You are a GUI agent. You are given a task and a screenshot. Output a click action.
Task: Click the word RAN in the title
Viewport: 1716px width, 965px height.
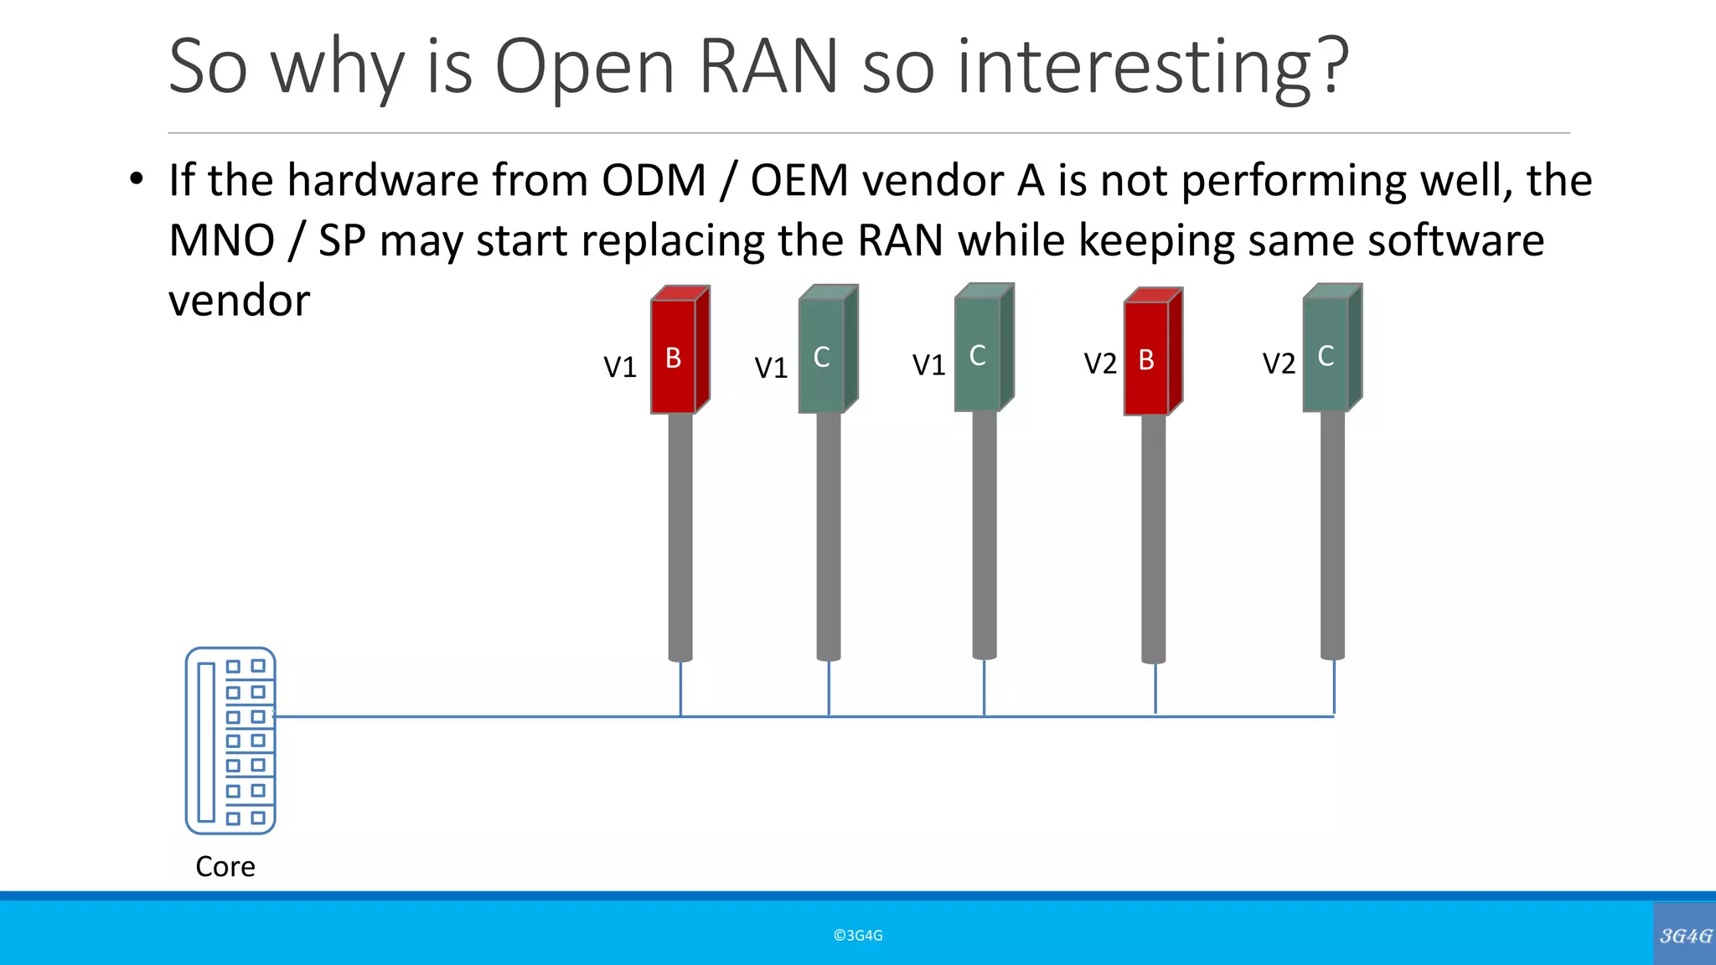pyautogui.click(x=768, y=67)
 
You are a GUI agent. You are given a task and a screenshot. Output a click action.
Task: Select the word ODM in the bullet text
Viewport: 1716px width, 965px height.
pyautogui.click(x=654, y=181)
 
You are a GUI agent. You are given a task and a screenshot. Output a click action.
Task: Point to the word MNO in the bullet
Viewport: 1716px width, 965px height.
pyautogui.click(x=221, y=241)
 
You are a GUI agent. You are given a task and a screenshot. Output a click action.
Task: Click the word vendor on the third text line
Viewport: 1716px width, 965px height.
pyautogui.click(x=239, y=302)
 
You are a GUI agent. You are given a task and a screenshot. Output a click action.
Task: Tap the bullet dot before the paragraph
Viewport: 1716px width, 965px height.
pyautogui.click(x=137, y=180)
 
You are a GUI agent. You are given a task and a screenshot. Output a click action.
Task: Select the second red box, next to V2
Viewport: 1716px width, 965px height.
pyautogui.click(x=1148, y=359)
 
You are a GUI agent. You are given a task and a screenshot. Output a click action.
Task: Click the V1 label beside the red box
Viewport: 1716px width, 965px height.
pyautogui.click(x=620, y=367)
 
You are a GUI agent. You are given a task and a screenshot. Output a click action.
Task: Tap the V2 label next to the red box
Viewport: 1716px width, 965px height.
pyautogui.click(x=1100, y=364)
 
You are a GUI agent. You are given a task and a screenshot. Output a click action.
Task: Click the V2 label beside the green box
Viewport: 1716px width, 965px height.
pyautogui.click(x=1279, y=364)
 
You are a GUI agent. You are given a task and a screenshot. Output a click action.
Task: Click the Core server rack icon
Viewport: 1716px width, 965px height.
pyautogui.click(x=230, y=741)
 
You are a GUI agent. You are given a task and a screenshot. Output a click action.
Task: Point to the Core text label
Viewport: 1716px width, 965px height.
pyautogui.click(x=225, y=866)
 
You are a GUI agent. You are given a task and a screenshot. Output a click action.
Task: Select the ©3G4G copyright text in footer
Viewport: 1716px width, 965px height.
pyautogui.click(x=858, y=936)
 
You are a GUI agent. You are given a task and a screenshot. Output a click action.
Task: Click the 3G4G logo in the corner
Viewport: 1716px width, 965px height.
pyautogui.click(x=1685, y=935)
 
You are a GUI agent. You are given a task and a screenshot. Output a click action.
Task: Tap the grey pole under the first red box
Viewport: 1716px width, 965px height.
pyautogui.click(x=680, y=536)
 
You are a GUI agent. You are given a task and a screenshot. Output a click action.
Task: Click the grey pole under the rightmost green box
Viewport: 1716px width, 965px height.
pyautogui.click(x=1332, y=536)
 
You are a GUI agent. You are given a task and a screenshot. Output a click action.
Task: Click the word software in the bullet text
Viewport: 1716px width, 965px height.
pyautogui.click(x=1455, y=241)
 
